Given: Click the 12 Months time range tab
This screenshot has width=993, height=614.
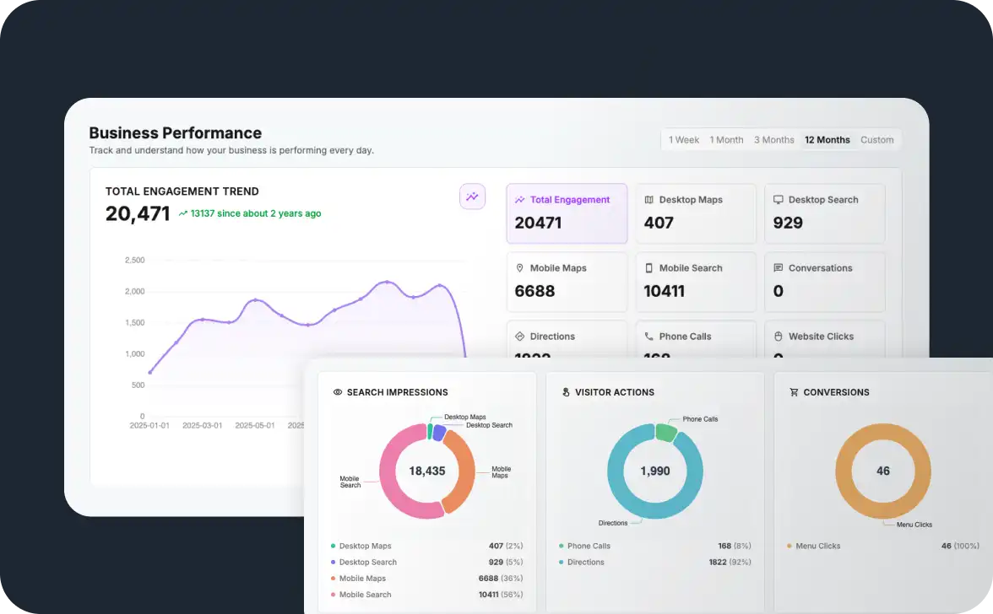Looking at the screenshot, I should click(827, 140).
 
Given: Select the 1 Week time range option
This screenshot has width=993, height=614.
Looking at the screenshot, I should click(683, 140).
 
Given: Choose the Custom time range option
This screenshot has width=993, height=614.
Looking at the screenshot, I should click(876, 140).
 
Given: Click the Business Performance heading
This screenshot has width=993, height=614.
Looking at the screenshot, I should click(175, 133).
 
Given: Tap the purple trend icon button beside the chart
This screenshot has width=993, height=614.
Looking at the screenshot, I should click(472, 197).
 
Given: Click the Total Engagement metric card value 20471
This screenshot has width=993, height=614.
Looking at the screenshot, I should click(538, 224).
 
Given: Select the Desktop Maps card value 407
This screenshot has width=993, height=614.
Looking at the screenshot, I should click(659, 224).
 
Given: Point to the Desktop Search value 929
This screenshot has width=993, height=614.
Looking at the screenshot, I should click(788, 224).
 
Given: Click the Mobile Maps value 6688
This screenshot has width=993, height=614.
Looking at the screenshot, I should click(534, 292).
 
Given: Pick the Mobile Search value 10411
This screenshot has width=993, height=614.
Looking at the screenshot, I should click(664, 292).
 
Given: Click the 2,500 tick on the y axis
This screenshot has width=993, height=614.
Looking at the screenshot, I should click(134, 261).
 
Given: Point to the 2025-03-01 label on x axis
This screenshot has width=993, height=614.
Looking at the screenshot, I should click(202, 426).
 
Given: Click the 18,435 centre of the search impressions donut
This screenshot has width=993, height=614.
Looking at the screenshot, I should click(426, 471).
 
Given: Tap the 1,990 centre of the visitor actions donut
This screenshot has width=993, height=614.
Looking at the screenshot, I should click(654, 471).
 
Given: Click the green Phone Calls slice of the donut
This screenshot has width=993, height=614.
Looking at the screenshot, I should click(666, 433).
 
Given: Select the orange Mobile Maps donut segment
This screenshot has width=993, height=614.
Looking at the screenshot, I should click(461, 477).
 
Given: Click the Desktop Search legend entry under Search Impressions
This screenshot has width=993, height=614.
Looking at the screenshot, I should click(367, 563).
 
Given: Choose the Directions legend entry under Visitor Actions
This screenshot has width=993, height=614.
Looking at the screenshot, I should click(585, 563).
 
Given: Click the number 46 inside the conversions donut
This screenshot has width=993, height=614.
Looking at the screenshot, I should click(882, 471).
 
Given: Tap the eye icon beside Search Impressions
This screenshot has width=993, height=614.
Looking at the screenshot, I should click(338, 392).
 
